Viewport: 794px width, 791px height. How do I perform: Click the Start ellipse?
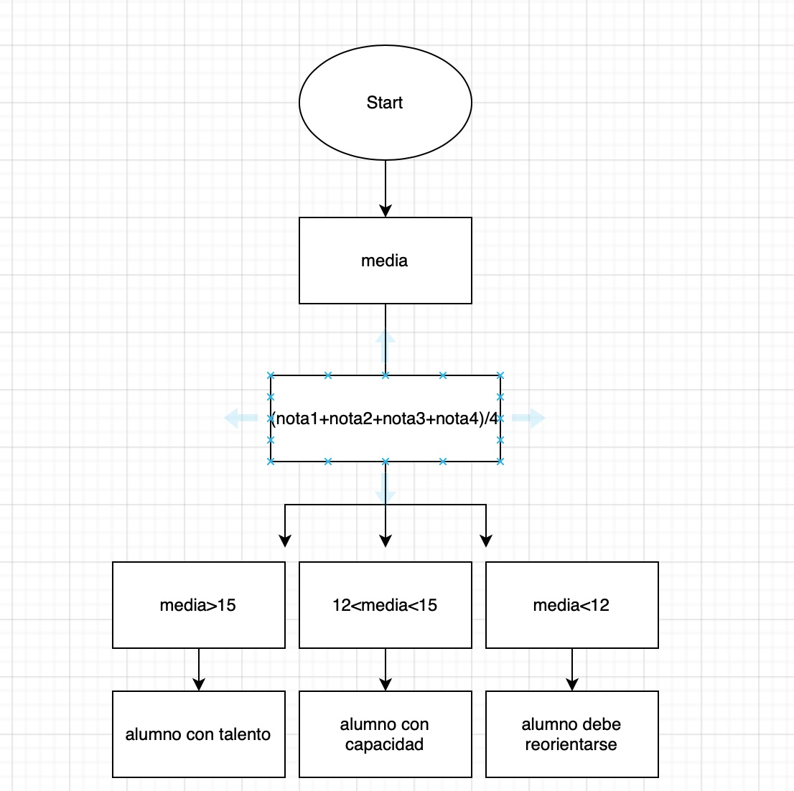pos(385,103)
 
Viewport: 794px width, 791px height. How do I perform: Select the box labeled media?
pos(385,261)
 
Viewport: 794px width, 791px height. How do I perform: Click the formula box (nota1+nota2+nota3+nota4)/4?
pos(385,418)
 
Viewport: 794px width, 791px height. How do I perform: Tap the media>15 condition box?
pos(198,605)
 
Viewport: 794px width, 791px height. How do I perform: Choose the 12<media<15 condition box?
pos(385,605)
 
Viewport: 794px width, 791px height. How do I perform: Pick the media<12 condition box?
pos(571,605)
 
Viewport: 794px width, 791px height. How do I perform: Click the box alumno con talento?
pos(198,734)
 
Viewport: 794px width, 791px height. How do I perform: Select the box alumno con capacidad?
pos(385,734)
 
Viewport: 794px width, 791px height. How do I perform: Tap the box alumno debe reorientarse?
pos(571,734)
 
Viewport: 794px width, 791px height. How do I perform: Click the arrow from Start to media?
pos(386,188)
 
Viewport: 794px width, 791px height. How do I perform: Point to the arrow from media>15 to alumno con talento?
pos(199,669)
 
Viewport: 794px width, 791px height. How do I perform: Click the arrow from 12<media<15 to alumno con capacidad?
pos(386,669)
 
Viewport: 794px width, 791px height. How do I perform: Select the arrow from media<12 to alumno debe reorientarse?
pos(572,669)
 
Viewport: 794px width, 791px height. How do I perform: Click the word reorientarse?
pos(571,744)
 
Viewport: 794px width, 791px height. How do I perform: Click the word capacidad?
pos(384,744)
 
